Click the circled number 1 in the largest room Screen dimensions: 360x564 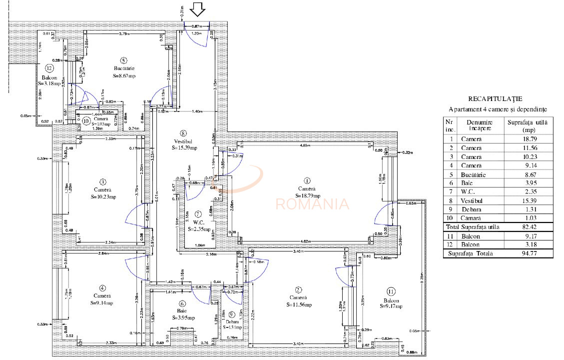tap(307, 180)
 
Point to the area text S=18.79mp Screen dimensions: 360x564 tap(307, 195)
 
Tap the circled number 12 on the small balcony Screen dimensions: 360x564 tap(49, 68)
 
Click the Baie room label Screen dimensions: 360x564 tap(182, 310)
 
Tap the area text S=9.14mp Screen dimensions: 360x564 tap(102, 303)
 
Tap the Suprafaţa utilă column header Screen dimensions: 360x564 tap(528, 124)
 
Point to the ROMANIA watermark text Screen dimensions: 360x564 tap(312, 203)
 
